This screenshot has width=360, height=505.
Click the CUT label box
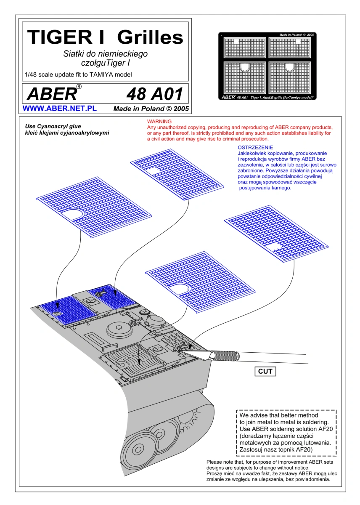[x=265, y=371]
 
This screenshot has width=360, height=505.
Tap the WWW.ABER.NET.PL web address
[x=60, y=109]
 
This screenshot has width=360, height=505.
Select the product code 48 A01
[x=154, y=94]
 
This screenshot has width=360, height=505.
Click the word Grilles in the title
[x=150, y=37]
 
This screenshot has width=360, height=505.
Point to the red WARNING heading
[x=159, y=122]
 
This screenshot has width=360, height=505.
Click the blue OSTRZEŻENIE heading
[x=255, y=147]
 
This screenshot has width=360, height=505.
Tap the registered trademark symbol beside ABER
[x=79, y=87]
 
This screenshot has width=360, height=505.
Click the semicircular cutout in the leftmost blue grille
[x=72, y=214]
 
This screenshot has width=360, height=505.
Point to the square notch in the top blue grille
[x=154, y=171]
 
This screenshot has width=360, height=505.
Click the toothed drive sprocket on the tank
[x=189, y=421]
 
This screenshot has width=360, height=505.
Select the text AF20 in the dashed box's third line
[x=325, y=429]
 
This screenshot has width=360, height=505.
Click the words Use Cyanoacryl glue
[x=53, y=126]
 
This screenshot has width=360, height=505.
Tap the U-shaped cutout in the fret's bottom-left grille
[x=244, y=67]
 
